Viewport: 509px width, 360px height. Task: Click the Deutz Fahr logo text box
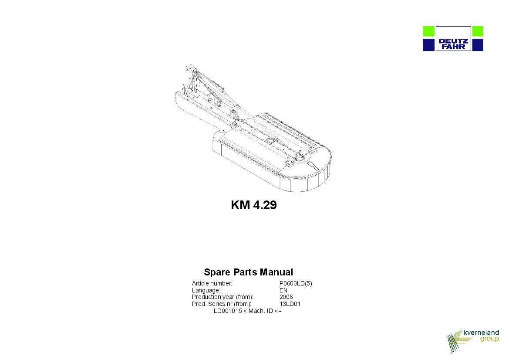pos(453,39)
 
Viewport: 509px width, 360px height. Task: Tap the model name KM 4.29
pos(254,205)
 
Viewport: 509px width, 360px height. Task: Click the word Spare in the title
pos(217,272)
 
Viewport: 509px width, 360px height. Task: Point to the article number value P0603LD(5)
pos(296,283)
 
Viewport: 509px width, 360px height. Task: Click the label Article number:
pos(212,283)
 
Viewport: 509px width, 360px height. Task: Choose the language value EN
pos(283,290)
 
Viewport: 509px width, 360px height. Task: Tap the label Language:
pos(206,290)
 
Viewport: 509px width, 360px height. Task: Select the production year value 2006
pos(286,297)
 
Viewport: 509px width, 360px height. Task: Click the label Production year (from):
pos(222,297)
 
